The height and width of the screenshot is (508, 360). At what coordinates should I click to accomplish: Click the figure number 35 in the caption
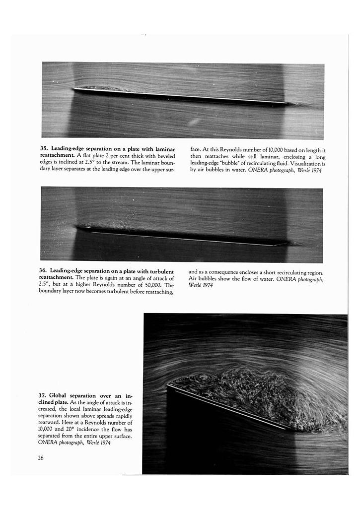coord(44,149)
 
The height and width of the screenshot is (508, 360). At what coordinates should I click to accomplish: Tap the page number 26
coord(41,458)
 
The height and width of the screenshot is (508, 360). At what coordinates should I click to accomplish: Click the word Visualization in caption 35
coord(303,163)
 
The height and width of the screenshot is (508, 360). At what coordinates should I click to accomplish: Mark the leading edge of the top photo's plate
coord(73,89)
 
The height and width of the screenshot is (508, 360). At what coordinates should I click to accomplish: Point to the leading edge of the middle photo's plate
coord(77,227)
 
